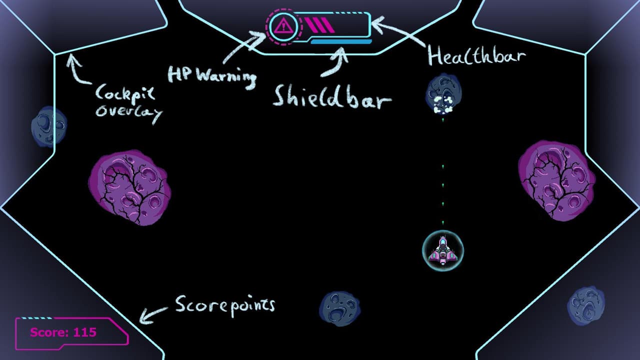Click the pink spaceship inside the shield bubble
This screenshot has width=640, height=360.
coord(443,251)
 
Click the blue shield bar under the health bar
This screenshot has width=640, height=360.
coord(341,41)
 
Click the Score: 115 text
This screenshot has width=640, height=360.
coord(63,332)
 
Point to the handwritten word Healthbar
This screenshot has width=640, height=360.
coord(476,55)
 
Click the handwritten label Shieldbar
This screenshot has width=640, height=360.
coord(332,97)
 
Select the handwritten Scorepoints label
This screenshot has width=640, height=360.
coord(225,306)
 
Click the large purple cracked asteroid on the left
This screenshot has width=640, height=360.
coord(130,187)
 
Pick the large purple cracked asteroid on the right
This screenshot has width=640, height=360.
coord(557,180)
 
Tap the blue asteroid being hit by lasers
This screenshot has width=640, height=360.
coord(443,93)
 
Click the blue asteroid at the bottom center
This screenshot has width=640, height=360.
coord(339,309)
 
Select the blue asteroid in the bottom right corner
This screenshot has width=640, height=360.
coord(585,306)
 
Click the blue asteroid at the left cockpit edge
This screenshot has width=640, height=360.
coord(49,127)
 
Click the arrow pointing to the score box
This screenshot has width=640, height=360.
coord(153,315)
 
